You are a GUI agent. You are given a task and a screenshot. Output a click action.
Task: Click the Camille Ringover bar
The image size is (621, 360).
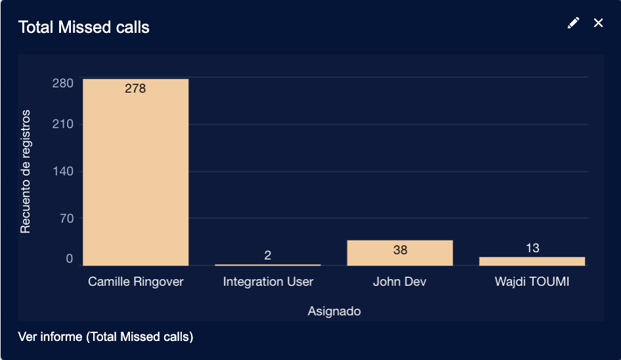pyautogui.click(x=135, y=172)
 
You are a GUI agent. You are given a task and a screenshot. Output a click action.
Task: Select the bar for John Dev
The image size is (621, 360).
pyautogui.click(x=400, y=253)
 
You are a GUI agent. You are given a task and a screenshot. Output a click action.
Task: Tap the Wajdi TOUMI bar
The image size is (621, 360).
pyautogui.click(x=532, y=261)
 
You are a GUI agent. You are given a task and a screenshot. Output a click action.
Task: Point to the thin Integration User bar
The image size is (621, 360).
pyautogui.click(x=268, y=265)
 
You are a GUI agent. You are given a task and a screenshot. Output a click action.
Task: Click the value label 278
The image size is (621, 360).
pyautogui.click(x=135, y=88)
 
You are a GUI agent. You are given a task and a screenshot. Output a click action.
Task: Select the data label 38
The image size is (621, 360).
pyautogui.click(x=400, y=250)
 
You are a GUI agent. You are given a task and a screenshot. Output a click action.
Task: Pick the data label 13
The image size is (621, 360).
pyautogui.click(x=532, y=248)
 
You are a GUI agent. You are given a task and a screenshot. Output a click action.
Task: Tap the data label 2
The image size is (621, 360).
pyautogui.click(x=268, y=255)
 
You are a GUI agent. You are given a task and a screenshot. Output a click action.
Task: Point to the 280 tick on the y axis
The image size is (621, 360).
pyautogui.click(x=63, y=83)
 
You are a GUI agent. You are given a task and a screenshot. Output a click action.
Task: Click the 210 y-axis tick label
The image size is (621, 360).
pyautogui.click(x=63, y=124)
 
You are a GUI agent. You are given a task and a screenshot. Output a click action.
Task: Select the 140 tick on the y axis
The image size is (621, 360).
pyautogui.click(x=63, y=171)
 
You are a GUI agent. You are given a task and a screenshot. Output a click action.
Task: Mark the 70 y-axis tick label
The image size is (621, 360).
pyautogui.click(x=66, y=218)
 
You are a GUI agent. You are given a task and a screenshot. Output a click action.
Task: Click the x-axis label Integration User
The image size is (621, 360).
pyautogui.click(x=268, y=282)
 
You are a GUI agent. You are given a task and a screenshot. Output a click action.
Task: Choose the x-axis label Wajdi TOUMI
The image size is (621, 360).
pyautogui.click(x=532, y=282)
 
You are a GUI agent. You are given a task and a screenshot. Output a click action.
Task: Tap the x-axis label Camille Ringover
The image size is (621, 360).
pyautogui.click(x=135, y=282)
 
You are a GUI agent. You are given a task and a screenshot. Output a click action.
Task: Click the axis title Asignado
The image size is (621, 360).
pyautogui.click(x=334, y=311)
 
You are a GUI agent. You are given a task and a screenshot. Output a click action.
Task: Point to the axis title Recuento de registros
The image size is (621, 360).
pyautogui.click(x=26, y=172)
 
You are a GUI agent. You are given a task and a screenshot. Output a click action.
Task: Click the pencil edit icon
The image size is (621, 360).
pyautogui.click(x=573, y=23)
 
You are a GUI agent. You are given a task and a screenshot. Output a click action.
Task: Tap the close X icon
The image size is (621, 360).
pyautogui.click(x=598, y=23)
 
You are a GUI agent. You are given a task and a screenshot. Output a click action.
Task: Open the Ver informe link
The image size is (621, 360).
pyautogui.click(x=106, y=337)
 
